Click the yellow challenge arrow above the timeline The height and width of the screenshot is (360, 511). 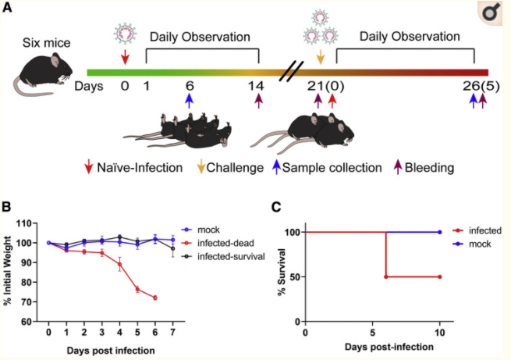pos(320,59)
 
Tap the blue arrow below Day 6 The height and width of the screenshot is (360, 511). pos(189,101)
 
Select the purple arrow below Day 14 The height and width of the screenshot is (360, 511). pos(259,101)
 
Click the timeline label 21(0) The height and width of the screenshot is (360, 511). pos(323,85)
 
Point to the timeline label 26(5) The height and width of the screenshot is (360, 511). pos(477,85)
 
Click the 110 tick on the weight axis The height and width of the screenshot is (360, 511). pos(34,223)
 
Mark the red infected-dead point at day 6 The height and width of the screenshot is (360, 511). pos(155,298)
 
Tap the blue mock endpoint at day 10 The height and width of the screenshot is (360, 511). pos(440,232)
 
